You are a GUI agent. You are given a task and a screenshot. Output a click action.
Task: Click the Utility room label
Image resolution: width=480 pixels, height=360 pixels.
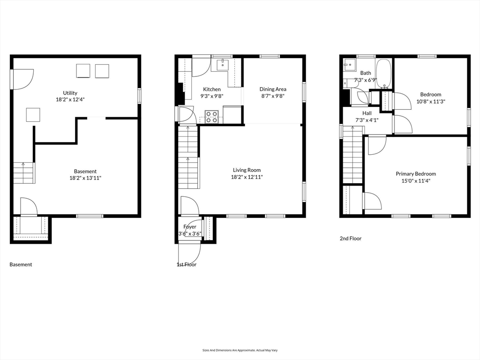point(70,93)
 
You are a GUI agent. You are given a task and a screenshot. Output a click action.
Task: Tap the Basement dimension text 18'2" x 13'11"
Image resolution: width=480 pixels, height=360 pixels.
point(85,178)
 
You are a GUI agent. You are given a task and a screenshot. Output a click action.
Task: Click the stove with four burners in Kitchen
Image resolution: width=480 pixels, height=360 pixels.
point(211,117)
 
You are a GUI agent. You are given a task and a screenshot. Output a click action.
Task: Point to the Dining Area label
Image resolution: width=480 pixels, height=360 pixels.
point(273,89)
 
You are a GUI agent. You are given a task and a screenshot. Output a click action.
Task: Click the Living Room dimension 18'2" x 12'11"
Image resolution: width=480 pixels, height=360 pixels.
point(247,177)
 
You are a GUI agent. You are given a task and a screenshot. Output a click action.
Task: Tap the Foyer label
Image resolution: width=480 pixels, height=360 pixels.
point(190,227)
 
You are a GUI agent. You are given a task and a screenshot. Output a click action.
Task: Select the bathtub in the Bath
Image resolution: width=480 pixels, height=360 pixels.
point(383,74)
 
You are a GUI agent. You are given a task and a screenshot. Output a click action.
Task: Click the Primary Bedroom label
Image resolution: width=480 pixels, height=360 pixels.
point(415,173)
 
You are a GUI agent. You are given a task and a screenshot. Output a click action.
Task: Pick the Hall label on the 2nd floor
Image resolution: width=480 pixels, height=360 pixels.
point(367,113)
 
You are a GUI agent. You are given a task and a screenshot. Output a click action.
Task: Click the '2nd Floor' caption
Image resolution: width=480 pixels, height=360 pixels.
point(351,239)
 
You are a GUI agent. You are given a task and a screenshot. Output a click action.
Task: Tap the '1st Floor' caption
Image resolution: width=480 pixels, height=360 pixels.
point(186,265)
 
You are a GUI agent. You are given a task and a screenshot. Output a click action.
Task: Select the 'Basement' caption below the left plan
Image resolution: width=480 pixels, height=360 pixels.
point(21,265)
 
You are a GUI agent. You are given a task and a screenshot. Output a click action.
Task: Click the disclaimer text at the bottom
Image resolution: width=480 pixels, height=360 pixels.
point(240,350)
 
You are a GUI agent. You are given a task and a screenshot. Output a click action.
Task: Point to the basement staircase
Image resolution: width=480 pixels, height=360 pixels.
point(23,172)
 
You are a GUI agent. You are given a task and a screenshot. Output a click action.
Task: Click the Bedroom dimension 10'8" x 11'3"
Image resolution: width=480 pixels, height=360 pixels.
point(430,101)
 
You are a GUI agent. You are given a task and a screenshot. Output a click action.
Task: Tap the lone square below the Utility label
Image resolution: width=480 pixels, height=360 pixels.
point(33,115)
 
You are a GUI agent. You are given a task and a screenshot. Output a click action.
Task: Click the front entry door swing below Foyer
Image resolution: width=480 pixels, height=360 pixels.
point(190,251)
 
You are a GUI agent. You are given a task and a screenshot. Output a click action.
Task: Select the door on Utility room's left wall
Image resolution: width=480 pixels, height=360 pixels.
point(22,79)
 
